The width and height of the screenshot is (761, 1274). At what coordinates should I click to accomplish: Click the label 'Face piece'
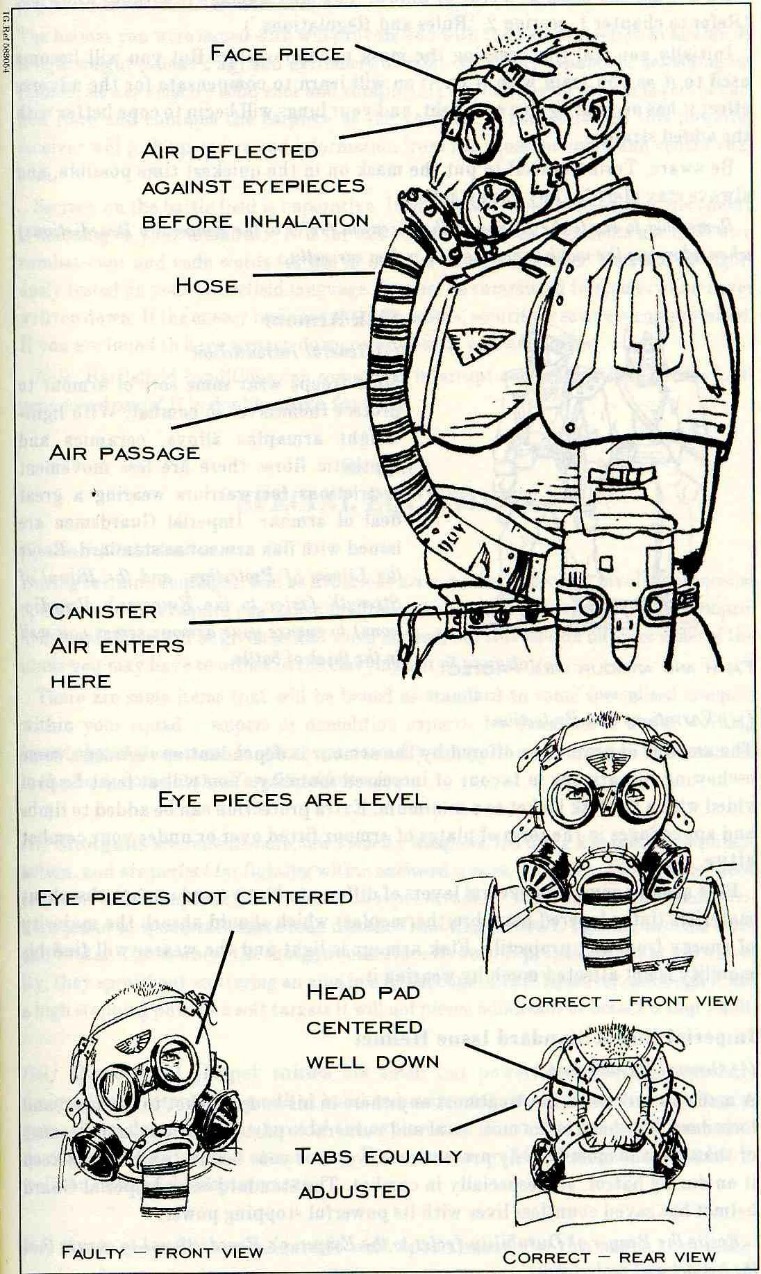click(x=276, y=53)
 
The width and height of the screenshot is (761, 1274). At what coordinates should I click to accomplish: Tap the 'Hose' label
click(x=207, y=286)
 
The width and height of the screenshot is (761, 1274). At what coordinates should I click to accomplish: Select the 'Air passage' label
click(x=125, y=453)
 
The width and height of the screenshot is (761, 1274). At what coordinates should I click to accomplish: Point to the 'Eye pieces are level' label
click(x=292, y=800)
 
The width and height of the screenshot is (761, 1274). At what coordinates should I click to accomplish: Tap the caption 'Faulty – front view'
click(x=162, y=1252)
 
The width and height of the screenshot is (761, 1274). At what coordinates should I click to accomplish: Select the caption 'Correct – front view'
click(x=625, y=1001)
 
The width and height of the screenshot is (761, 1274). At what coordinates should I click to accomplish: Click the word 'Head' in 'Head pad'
click(x=337, y=991)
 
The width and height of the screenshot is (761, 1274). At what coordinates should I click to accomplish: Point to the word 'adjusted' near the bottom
click(x=355, y=1191)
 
